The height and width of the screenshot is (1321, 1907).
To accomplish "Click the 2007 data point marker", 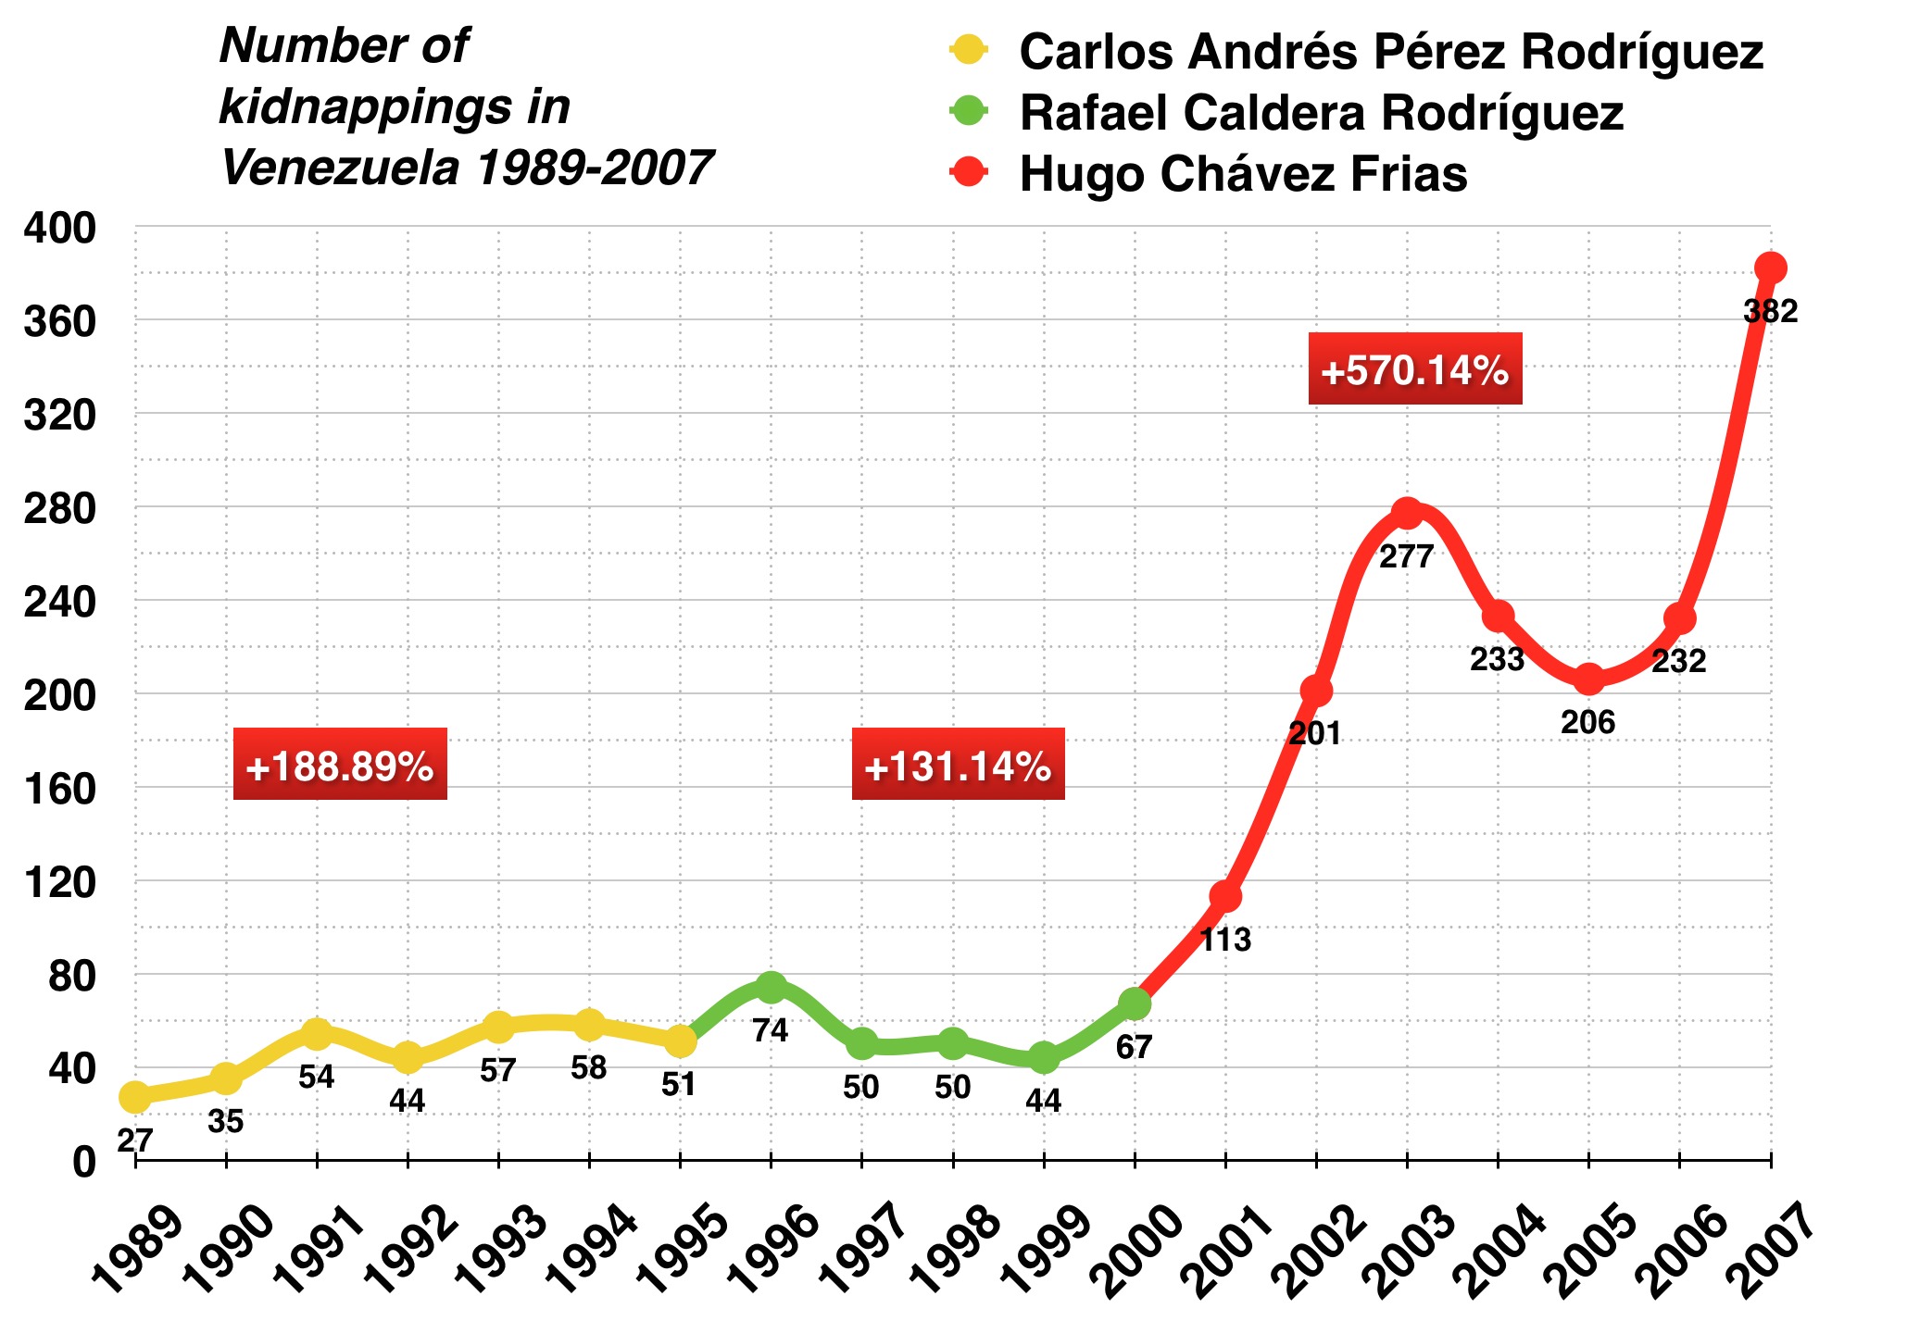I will (x=1770, y=268).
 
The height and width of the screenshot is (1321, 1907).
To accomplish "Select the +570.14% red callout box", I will (x=1414, y=369).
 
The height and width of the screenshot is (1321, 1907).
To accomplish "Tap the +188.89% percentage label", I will (x=340, y=766).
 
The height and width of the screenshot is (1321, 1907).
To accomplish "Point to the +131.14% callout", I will (x=958, y=766).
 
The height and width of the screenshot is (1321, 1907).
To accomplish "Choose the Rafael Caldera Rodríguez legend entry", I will (x=1321, y=113).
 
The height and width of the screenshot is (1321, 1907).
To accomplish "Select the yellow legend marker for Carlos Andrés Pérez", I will (x=969, y=50).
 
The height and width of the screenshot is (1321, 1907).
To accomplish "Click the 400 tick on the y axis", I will (x=59, y=228).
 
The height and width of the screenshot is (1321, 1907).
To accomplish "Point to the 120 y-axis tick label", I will (x=59, y=882).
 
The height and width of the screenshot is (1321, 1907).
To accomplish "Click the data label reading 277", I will (x=1406, y=556).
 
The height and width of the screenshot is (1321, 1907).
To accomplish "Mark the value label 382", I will (x=1770, y=312).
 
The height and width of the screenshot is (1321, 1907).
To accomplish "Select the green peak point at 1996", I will (x=771, y=988).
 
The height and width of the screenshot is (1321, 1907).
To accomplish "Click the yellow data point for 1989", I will (x=135, y=1097).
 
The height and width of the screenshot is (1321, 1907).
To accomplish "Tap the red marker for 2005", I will (x=1588, y=679).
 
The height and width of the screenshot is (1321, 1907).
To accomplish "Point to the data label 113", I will (x=1224, y=940).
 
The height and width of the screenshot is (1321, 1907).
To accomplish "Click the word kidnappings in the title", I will (x=395, y=107).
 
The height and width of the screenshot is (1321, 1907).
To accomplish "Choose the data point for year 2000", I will (x=1135, y=1003).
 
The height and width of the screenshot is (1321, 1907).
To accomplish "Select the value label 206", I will (x=1587, y=722).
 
